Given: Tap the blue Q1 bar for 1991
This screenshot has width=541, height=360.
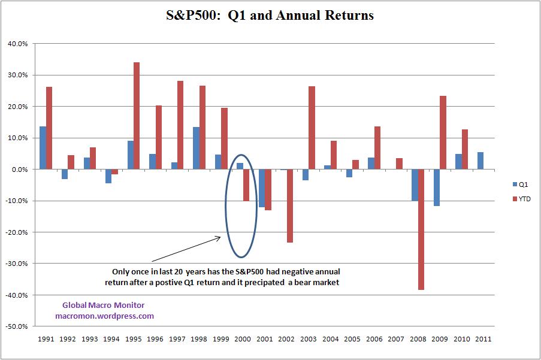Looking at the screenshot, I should (43, 148).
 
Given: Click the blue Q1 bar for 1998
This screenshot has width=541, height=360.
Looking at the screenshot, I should (195, 148).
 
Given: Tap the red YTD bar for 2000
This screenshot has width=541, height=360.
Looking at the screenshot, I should (246, 185).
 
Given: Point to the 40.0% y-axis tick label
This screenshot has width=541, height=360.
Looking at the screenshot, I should (16, 44).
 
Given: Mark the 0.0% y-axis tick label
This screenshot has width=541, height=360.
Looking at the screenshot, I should (18, 170).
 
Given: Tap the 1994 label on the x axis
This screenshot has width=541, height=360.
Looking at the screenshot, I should (111, 339).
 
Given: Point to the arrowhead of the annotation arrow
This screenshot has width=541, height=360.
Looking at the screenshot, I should (220, 238).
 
